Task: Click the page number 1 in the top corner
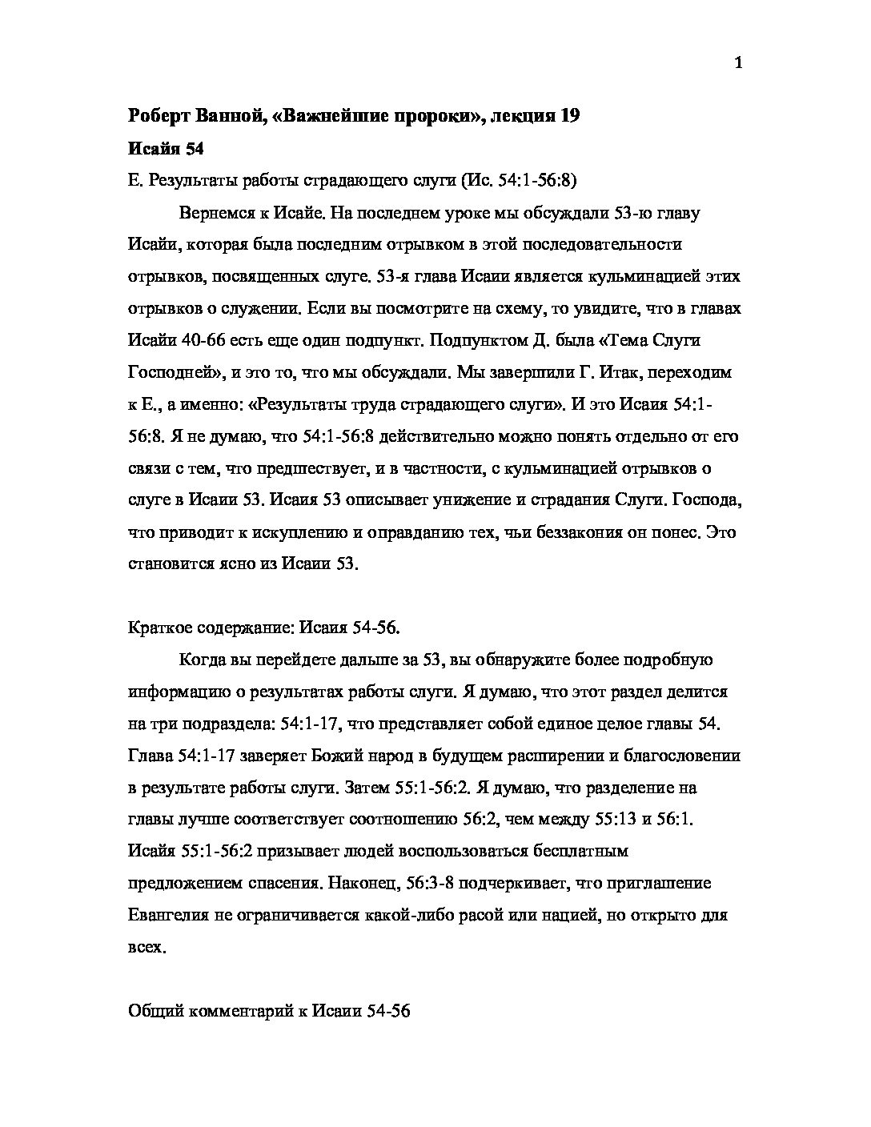point(738,64)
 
